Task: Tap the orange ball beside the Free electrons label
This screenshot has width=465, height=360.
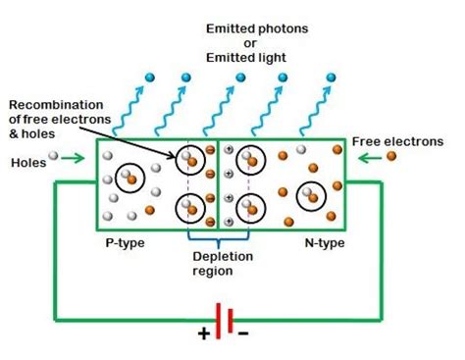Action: point(390,155)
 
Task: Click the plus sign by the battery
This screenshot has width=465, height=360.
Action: point(204,333)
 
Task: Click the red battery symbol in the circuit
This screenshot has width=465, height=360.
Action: point(224,321)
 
